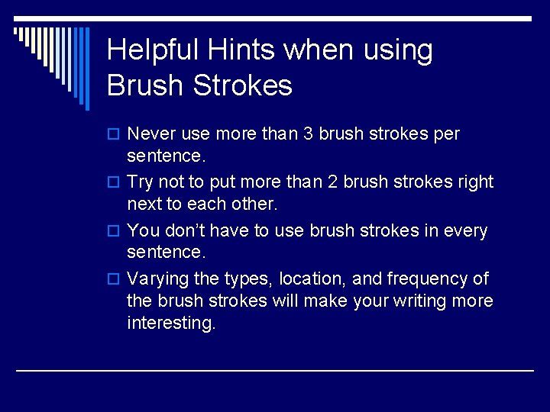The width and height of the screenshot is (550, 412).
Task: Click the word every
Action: click(x=464, y=230)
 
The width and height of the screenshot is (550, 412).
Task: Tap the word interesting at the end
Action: click(x=171, y=323)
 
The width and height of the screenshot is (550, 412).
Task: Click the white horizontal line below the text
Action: click(x=275, y=370)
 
